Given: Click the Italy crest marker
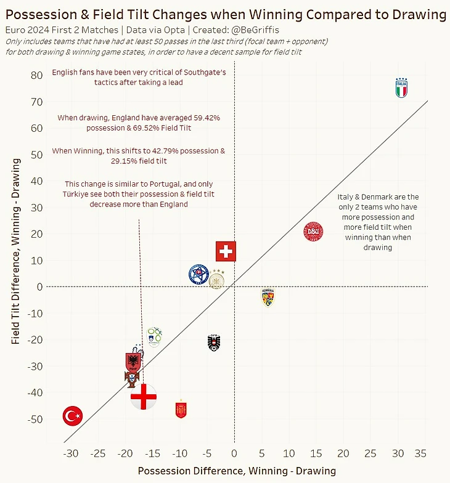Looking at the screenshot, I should tap(401, 88).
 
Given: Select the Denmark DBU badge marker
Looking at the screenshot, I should tap(313, 232).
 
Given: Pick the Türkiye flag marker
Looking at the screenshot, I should tap(73, 416).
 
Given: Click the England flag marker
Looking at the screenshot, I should tap(144, 397).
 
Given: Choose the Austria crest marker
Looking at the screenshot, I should tap(215, 343).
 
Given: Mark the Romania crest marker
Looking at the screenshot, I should tap(268, 298).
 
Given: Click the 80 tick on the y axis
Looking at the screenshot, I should tap(36, 75).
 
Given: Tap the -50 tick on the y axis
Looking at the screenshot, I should tap(35, 420).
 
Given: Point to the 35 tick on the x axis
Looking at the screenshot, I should tap(422, 454).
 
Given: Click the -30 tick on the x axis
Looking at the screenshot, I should tap(71, 454).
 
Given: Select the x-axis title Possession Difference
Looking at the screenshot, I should tap(237, 471).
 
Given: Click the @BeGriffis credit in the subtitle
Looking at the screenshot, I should tap(253, 30).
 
